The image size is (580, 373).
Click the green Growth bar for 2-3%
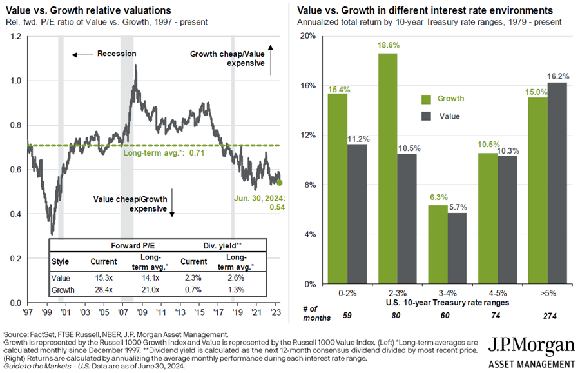pos(388,168)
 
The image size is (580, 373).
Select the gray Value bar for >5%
pos(557,183)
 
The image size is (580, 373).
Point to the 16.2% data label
pos(558,76)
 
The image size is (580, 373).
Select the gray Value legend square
pos(425,116)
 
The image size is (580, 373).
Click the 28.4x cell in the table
pos(104,290)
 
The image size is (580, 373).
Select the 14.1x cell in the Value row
pos(150,277)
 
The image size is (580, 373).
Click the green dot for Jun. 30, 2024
pos(279,183)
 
